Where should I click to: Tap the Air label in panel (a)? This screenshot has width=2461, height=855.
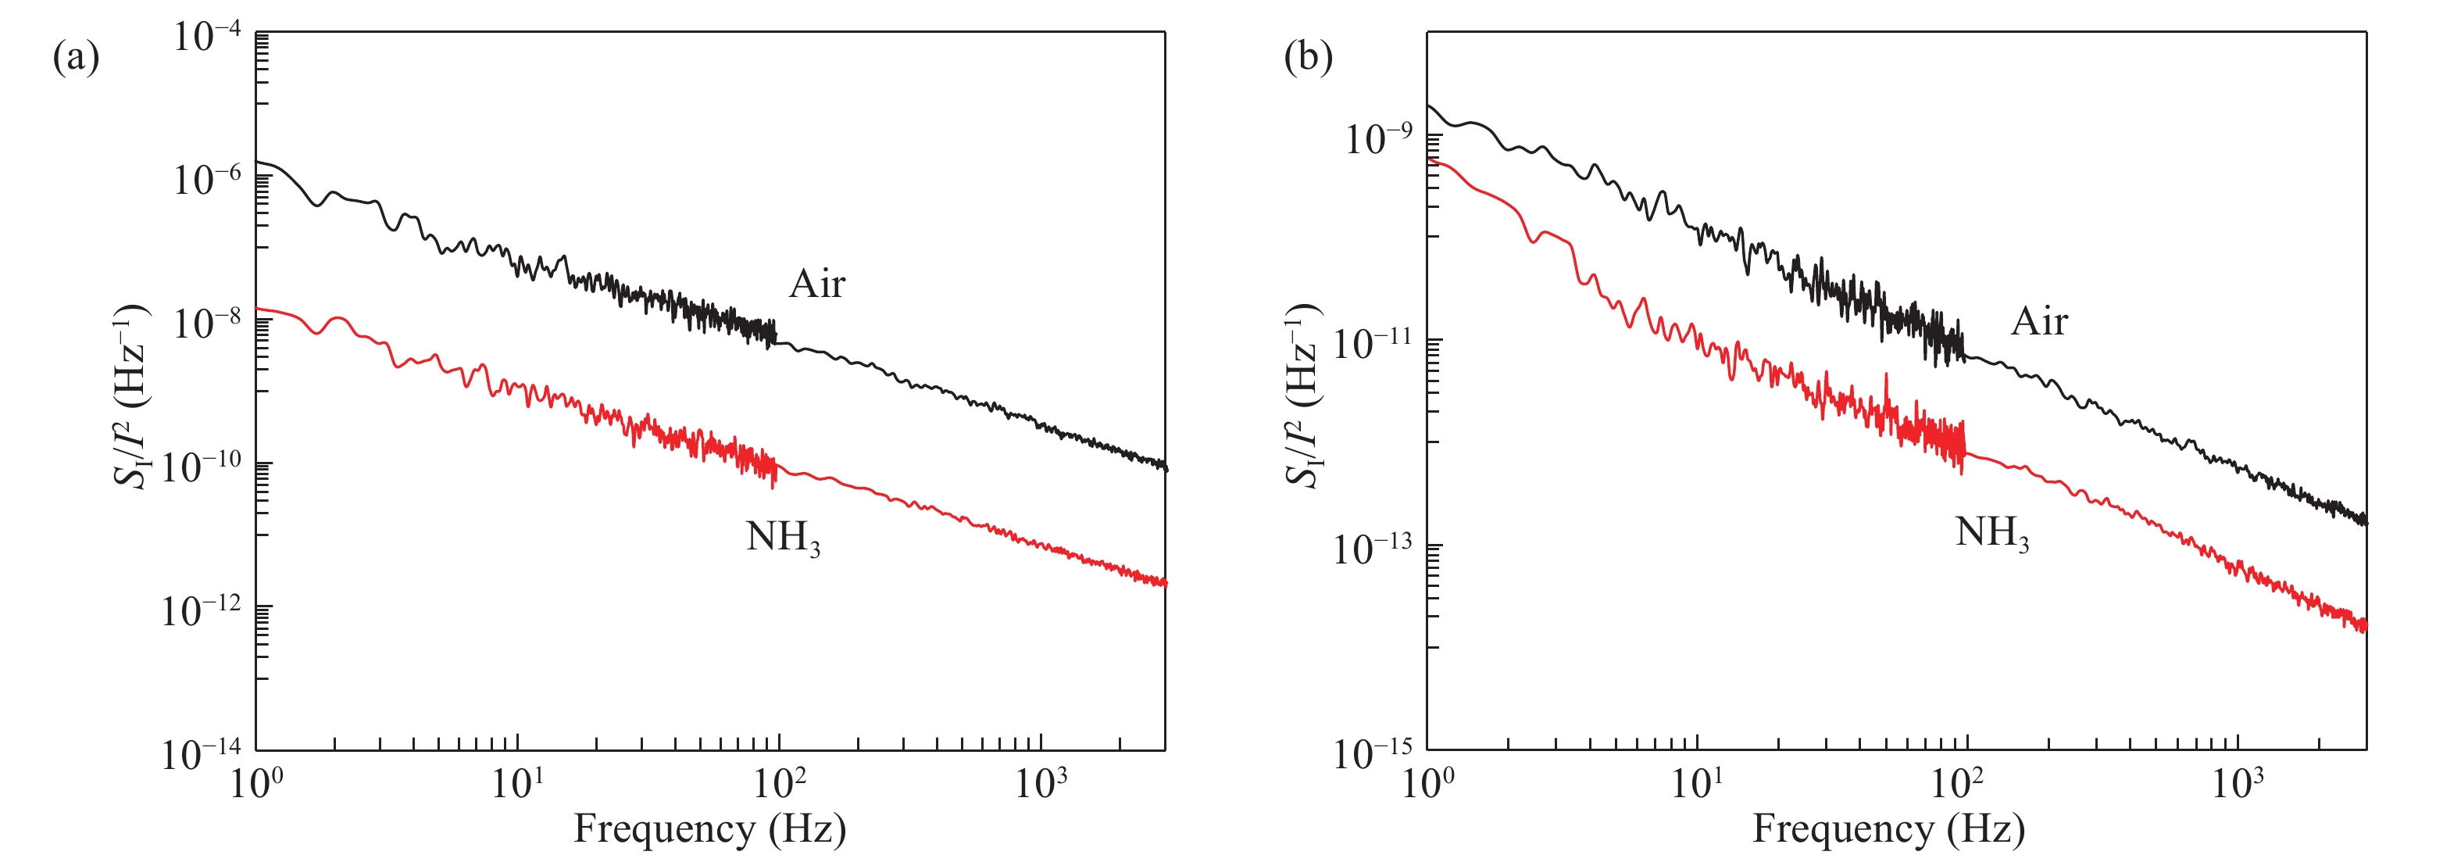tap(817, 284)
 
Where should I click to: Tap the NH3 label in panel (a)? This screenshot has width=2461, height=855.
tap(782, 538)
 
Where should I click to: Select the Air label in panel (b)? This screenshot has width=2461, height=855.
tap(2039, 321)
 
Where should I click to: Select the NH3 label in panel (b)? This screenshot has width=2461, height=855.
tap(1992, 533)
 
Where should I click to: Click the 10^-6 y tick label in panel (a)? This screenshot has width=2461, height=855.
tap(206, 180)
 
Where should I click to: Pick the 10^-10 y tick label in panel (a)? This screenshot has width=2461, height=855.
tap(201, 467)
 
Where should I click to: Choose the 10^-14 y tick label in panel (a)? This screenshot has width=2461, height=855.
tap(201, 753)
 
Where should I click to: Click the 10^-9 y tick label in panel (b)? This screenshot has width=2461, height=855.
tap(1377, 139)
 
